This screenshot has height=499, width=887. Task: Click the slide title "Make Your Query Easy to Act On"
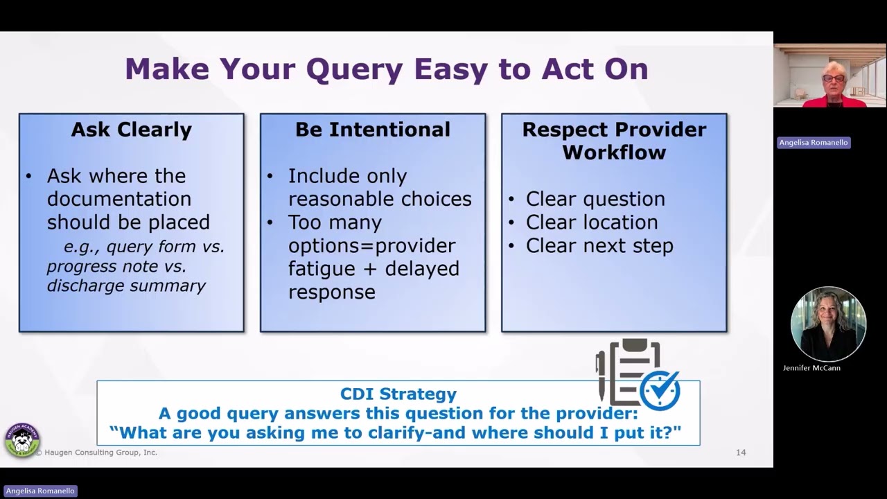click(386, 69)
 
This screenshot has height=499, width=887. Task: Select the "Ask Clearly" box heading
click(131, 130)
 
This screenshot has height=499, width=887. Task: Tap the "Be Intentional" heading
click(372, 130)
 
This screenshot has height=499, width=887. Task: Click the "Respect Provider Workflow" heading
click(614, 141)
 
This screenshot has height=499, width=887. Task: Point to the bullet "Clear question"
click(595, 199)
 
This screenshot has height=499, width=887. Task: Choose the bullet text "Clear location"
click(591, 222)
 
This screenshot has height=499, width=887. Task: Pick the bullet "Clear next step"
click(599, 246)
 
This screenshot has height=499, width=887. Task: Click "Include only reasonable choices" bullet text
click(379, 187)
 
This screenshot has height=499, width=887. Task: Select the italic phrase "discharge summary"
click(126, 286)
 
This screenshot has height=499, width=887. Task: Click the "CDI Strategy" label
click(398, 394)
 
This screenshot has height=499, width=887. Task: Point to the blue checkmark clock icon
click(660, 391)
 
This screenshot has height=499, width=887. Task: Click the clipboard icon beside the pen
click(631, 371)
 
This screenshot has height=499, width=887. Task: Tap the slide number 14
click(741, 453)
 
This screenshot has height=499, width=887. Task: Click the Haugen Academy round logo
click(21, 441)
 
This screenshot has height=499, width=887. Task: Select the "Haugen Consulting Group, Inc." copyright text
click(96, 453)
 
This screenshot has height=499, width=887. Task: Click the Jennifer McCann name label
click(811, 368)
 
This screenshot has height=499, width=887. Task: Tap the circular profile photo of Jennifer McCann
click(828, 324)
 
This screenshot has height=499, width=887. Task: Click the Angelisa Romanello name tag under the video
click(813, 143)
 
